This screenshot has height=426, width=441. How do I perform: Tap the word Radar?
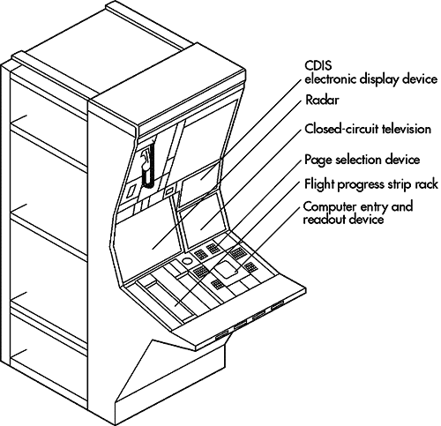coord(322,101)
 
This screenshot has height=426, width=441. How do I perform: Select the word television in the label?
coord(407,129)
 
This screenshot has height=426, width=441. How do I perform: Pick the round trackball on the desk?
coord(187,261)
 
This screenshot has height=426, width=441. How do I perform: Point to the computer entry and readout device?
coord(227,269)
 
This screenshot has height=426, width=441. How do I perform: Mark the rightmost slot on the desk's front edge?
coord(278,305)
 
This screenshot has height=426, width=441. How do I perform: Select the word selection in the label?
coord(359,160)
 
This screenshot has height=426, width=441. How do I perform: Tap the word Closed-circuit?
coord(341,129)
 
